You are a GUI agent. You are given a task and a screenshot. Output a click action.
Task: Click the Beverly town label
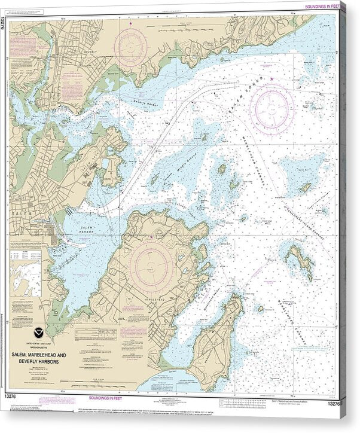[90, 52]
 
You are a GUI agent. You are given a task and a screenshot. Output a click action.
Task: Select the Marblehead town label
[154, 298]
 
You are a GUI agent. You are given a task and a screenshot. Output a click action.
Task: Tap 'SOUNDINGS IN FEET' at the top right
[323, 5]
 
